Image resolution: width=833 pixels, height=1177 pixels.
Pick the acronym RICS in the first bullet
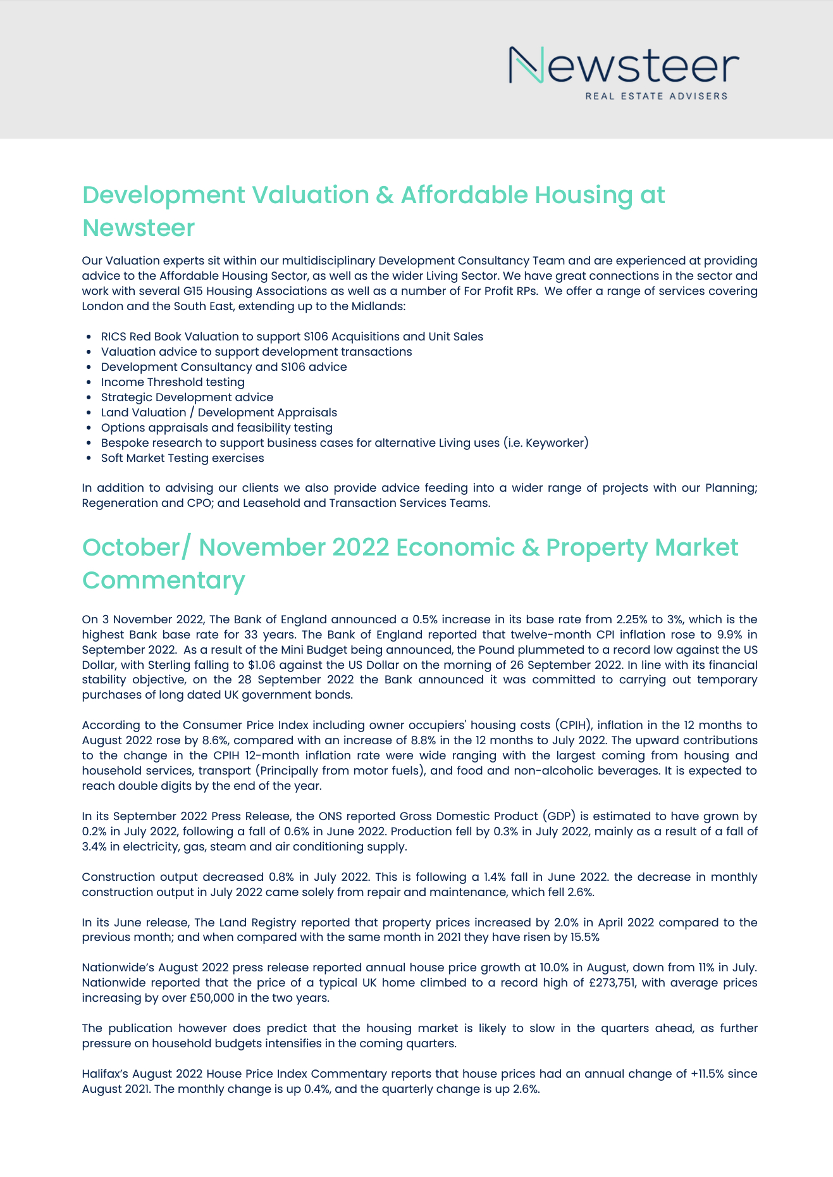(114, 337)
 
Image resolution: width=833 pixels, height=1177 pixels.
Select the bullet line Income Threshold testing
(173, 382)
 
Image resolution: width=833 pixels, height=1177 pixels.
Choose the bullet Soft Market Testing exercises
(182, 458)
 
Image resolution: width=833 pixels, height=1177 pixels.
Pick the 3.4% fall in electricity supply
(94, 847)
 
